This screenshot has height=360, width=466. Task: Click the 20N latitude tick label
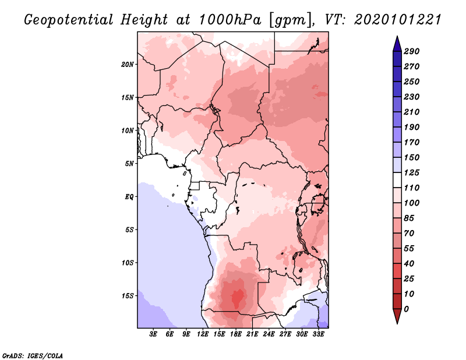[x=128, y=64]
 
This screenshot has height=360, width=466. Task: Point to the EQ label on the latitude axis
[x=129, y=196]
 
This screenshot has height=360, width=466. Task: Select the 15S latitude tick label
[x=128, y=295]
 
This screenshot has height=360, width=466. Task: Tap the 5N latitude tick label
[x=129, y=163]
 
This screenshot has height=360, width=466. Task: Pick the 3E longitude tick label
[x=154, y=334]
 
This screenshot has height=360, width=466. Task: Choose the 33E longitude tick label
[x=319, y=334]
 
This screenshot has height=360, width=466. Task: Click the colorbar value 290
[x=412, y=51]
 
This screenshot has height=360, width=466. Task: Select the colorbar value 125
[x=412, y=172]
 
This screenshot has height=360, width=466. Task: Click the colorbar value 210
[x=412, y=112]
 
